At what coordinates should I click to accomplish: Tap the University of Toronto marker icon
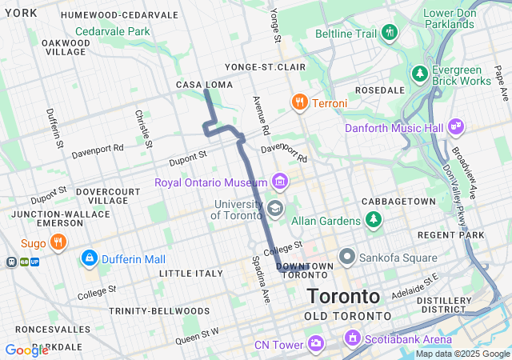pos(275,210)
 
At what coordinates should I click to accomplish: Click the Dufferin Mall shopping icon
pos(90,259)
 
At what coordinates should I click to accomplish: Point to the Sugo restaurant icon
pos(57,241)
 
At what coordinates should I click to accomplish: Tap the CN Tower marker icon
pos(316,345)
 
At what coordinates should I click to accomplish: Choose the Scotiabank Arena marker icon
pos(350,339)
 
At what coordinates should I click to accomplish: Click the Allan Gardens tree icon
pos(373,218)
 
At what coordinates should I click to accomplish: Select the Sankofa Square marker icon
pos(347,258)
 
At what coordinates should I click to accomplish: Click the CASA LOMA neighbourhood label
pos(204,85)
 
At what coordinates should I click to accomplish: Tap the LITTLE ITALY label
pos(191,274)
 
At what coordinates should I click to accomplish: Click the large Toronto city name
pos(343,296)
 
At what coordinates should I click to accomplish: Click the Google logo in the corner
pos(26,350)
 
